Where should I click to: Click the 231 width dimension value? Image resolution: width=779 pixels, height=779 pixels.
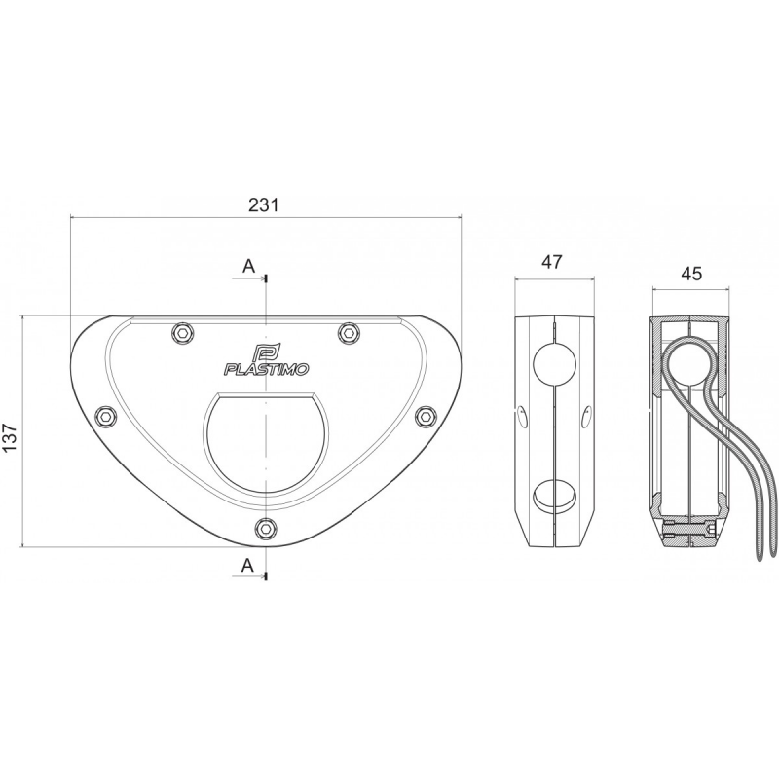pos(264,205)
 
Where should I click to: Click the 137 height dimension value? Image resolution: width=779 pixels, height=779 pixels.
pos(11,430)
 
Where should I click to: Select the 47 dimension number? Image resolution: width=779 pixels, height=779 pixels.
pos(552,262)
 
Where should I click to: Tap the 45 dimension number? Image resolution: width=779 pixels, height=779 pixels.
pos(690,274)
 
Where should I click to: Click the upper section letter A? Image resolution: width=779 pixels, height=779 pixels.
pos(248,266)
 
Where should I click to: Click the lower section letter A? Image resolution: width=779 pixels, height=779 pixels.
pos(248,565)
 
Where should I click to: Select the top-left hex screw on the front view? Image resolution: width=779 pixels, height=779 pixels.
pos(180,333)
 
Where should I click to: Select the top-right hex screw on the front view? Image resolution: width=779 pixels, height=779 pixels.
pos(348,333)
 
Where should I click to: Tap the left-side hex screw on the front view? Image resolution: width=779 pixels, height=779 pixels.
pos(105,417)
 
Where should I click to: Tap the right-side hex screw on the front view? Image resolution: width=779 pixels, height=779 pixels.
pos(424,416)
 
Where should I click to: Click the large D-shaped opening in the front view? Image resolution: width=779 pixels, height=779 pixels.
pos(264,443)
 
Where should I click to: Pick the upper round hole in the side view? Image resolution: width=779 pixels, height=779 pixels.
pos(554,366)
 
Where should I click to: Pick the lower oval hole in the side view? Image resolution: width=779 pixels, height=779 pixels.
pos(554,495)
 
